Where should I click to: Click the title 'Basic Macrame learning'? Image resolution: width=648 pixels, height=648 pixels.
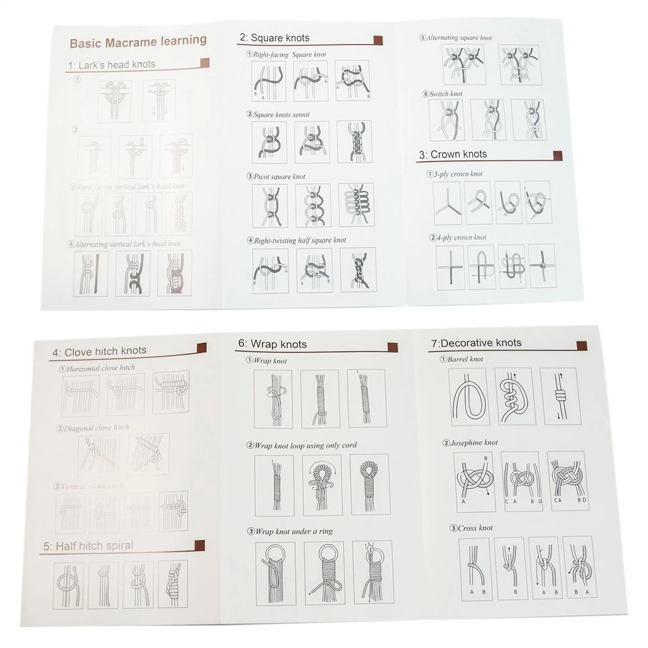[x=138, y=42]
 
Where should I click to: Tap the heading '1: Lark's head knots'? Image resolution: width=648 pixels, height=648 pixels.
[x=111, y=65]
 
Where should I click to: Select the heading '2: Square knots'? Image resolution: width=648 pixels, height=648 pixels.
[x=275, y=38]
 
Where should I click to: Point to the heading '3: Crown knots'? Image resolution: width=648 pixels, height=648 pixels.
[x=452, y=155]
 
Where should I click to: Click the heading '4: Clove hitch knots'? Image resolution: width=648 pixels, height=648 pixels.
[x=99, y=351]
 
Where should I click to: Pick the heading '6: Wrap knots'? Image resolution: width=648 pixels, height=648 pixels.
[x=273, y=344]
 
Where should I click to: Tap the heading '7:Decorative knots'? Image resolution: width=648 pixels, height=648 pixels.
[x=476, y=343]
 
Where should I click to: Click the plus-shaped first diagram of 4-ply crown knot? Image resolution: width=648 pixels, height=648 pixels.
[x=450, y=267]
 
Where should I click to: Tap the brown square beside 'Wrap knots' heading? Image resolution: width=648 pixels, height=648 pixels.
[x=393, y=347]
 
